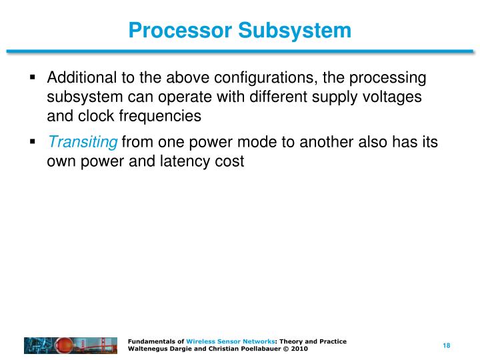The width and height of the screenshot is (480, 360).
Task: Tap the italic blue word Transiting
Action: (83, 142)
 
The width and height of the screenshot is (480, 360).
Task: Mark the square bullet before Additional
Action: (33, 78)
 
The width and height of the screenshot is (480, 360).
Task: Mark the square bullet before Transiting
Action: (33, 142)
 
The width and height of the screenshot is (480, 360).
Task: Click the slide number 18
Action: (447, 345)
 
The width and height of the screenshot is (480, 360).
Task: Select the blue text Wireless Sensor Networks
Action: (230, 341)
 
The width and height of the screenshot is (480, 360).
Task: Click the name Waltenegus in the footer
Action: (150, 349)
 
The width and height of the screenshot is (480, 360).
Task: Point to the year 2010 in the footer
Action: (299, 349)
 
